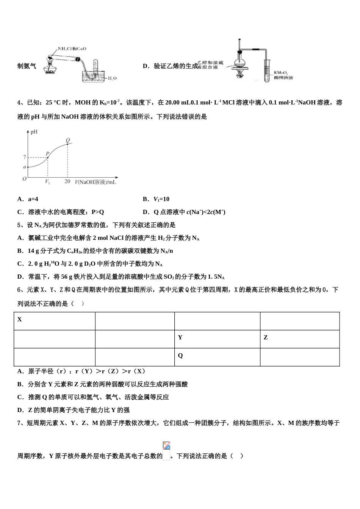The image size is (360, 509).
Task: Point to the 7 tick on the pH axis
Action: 25,157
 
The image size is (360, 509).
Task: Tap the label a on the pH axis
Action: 25,167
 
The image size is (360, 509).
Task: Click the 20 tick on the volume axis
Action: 67,181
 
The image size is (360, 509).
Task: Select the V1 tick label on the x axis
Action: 47,181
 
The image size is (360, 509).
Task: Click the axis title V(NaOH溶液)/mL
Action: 95,182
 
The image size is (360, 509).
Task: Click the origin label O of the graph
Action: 24,179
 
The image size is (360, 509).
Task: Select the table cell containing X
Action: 54,321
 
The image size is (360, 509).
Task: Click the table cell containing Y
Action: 217,339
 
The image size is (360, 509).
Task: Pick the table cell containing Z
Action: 299,339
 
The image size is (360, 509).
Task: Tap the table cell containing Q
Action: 217,357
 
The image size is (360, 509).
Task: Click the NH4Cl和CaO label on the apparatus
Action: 72,49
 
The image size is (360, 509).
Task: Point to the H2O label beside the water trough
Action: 112,78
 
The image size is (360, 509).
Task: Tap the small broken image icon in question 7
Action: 166,446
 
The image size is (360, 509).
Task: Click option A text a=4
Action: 28,199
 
